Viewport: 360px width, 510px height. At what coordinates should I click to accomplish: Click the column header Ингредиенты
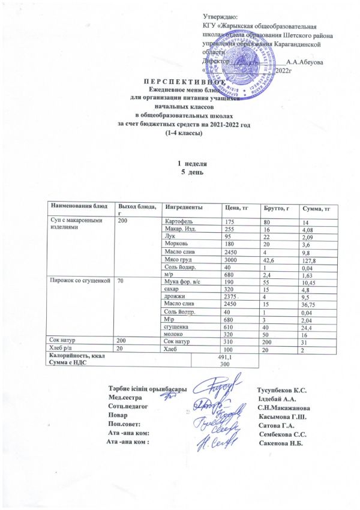(184, 207)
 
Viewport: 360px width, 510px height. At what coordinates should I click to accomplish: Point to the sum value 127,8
(311, 260)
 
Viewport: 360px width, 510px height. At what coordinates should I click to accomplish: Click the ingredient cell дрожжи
(174, 296)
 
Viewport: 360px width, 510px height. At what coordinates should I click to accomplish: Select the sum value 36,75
(311, 304)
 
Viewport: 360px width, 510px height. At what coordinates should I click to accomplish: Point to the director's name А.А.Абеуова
(305, 62)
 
